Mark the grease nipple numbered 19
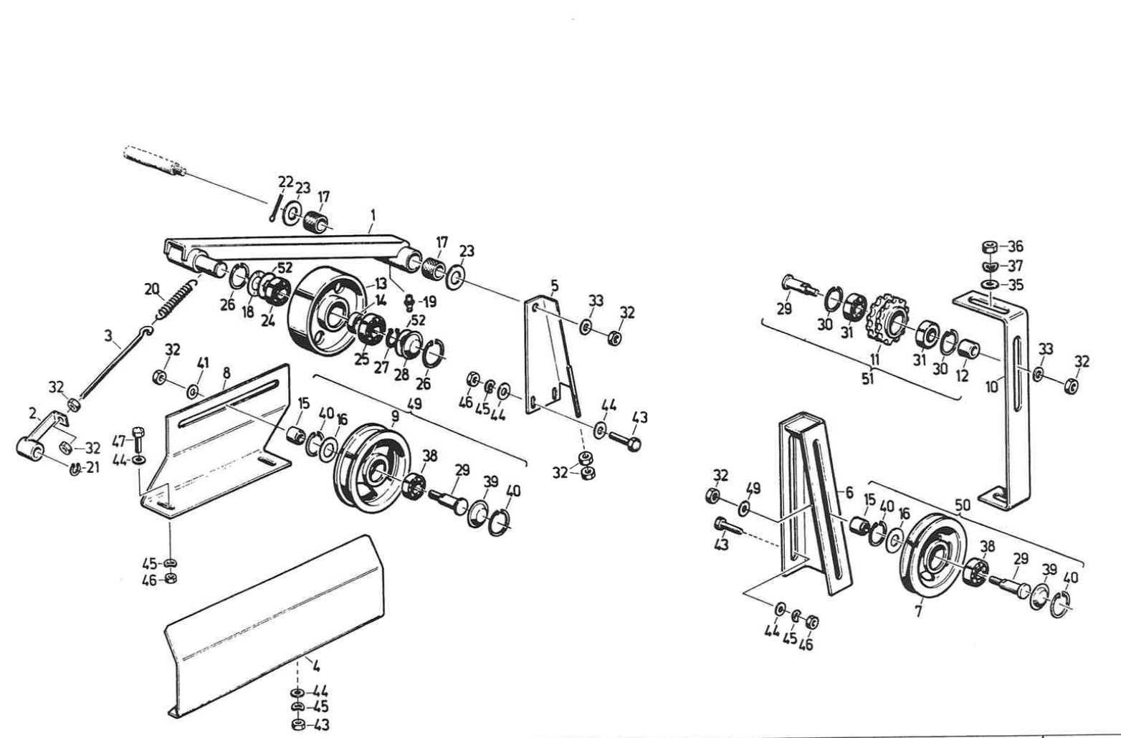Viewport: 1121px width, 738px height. click(x=408, y=302)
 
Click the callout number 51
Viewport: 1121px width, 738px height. click(x=867, y=378)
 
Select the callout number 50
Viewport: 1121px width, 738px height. click(x=963, y=505)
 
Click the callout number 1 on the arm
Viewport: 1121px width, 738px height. click(x=373, y=214)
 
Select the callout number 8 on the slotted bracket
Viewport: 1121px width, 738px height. click(x=226, y=373)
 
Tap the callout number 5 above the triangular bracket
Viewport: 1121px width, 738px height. click(x=554, y=286)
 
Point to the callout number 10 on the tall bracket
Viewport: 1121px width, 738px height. click(x=992, y=387)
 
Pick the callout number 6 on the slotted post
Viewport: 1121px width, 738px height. click(x=849, y=493)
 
